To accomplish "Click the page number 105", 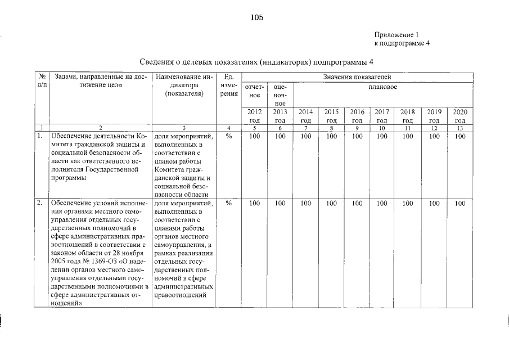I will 257,17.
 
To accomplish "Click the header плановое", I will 384,88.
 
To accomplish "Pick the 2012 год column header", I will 254,116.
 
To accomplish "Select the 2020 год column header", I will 460,116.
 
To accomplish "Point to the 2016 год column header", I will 357,116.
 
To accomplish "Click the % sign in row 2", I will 228,204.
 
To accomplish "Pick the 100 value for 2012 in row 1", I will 254,136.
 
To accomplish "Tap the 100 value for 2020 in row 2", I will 460,204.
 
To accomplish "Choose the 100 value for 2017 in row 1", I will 382,136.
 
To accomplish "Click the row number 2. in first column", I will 40,204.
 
